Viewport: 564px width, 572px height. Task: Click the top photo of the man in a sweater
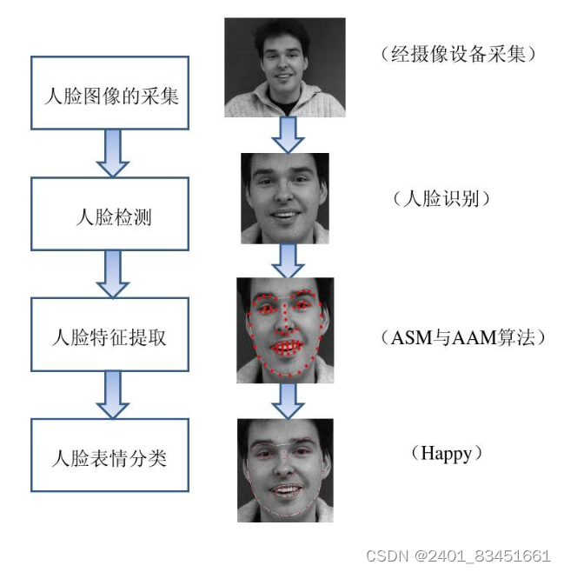[x=284, y=67]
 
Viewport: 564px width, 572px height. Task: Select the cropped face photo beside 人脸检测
[x=285, y=198]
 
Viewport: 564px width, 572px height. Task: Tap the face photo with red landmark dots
[x=285, y=329]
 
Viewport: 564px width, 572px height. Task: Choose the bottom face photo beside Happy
[x=285, y=469]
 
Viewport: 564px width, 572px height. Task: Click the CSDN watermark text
[x=458, y=555]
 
